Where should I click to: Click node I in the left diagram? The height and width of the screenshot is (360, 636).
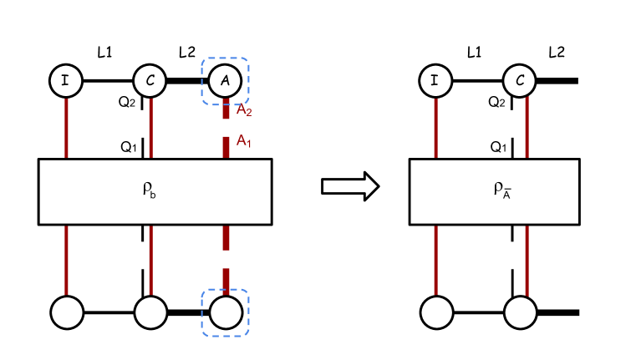pyautogui.click(x=66, y=81)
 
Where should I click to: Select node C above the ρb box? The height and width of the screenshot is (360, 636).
pyautogui.click(x=150, y=81)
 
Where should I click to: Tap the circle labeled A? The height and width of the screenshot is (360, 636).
pyautogui.click(x=225, y=81)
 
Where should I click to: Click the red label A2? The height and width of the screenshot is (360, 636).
pyautogui.click(x=243, y=110)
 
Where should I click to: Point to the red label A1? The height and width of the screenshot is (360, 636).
pyautogui.click(x=243, y=140)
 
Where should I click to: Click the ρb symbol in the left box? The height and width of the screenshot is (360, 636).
pyautogui.click(x=150, y=190)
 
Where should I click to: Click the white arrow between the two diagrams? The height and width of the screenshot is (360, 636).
pyautogui.click(x=349, y=186)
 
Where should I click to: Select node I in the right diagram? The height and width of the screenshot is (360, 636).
pyautogui.click(x=435, y=81)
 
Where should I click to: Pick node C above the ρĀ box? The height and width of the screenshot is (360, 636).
pyautogui.click(x=519, y=81)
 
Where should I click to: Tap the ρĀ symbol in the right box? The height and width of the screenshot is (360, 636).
pyautogui.click(x=501, y=190)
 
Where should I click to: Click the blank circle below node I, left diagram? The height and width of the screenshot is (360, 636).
pyautogui.click(x=67, y=312)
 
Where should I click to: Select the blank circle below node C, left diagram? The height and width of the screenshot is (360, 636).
pyautogui.click(x=150, y=312)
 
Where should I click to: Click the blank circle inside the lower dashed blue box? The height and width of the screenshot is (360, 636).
pyautogui.click(x=226, y=312)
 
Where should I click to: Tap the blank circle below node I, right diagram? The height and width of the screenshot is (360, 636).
pyautogui.click(x=436, y=312)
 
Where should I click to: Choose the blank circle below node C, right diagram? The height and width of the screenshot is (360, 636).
pyautogui.click(x=520, y=312)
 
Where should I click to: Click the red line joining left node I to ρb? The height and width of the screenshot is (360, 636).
pyautogui.click(x=67, y=127)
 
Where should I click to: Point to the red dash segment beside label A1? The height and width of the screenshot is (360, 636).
pyautogui.click(x=226, y=146)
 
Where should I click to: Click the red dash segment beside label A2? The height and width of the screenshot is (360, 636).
pyautogui.click(x=226, y=109)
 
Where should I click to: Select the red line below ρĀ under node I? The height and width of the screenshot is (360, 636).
pyautogui.click(x=435, y=260)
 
